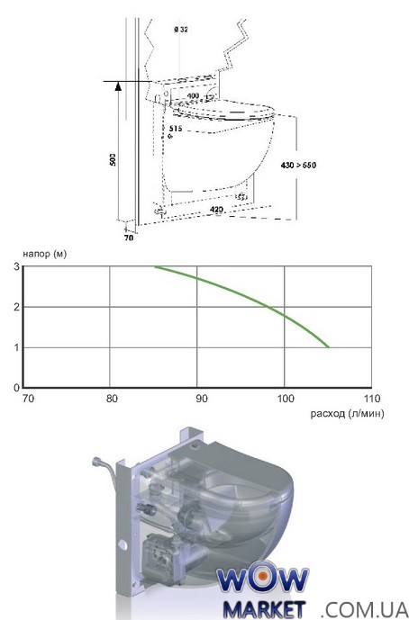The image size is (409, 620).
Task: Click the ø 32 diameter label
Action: coord(180,30)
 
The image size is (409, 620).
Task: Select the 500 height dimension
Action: coord(114,159)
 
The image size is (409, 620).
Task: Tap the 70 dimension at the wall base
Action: coord(129,238)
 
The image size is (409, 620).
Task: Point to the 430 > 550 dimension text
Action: coord(298,166)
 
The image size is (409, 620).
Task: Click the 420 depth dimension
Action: coord(216,210)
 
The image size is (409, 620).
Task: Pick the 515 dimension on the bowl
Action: coord(176,129)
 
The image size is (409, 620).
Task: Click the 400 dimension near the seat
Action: coord(193,95)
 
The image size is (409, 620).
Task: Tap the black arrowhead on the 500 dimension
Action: coord(118,85)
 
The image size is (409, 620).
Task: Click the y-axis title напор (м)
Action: coord(45,254)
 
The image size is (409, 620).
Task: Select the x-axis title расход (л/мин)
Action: coord(347,414)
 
